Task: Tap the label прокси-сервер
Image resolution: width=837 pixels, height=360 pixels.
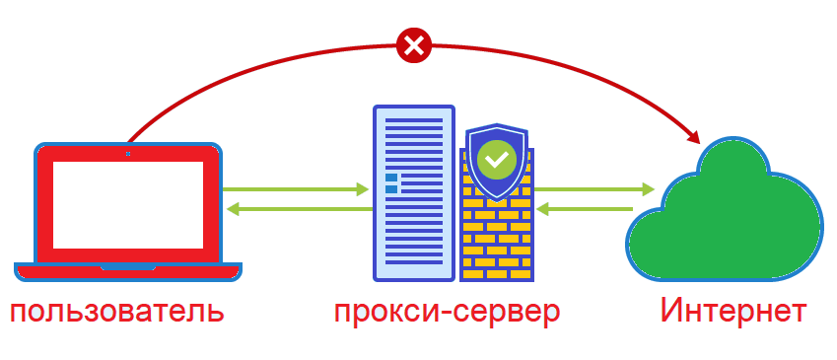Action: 447,313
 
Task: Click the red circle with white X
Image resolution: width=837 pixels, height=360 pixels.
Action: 414,44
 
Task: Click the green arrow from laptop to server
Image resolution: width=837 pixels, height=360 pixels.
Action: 296,187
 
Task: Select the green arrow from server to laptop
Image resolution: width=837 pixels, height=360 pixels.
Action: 296,208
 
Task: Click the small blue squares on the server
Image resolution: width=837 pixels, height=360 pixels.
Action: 391,182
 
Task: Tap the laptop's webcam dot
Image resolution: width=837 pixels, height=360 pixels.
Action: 127,154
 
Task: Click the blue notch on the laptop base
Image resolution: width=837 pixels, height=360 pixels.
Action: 127,265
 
